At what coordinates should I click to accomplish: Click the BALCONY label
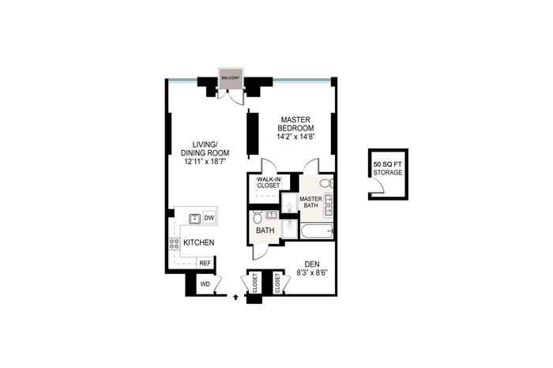pyautogui.click(x=230, y=77)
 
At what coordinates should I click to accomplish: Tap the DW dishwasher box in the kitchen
pyautogui.click(x=209, y=218)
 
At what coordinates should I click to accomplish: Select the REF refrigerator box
pyautogui.click(x=205, y=263)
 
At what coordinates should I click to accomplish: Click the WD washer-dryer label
pyautogui.click(x=205, y=284)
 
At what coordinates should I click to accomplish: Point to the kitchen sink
pyautogui.click(x=194, y=219)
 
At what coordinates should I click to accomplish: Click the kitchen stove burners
pyautogui.click(x=174, y=243)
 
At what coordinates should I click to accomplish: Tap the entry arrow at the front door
pyautogui.click(x=235, y=298)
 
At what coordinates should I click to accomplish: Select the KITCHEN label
pyautogui.click(x=198, y=242)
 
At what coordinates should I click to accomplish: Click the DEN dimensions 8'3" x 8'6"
pyautogui.click(x=312, y=272)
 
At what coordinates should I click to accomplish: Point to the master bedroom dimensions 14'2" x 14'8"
pyautogui.click(x=295, y=137)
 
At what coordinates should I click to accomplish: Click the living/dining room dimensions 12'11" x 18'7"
pyautogui.click(x=205, y=162)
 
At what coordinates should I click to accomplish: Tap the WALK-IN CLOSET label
pyautogui.click(x=269, y=182)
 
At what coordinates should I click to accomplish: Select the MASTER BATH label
pyautogui.click(x=310, y=202)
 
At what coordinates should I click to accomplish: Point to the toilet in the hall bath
pyautogui.click(x=257, y=216)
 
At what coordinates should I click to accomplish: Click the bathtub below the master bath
pyautogui.click(x=317, y=231)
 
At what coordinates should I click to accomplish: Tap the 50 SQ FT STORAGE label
pyautogui.click(x=388, y=168)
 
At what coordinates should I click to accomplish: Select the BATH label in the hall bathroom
pyautogui.click(x=265, y=231)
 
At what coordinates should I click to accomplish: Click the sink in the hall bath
pyautogui.click(x=271, y=215)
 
